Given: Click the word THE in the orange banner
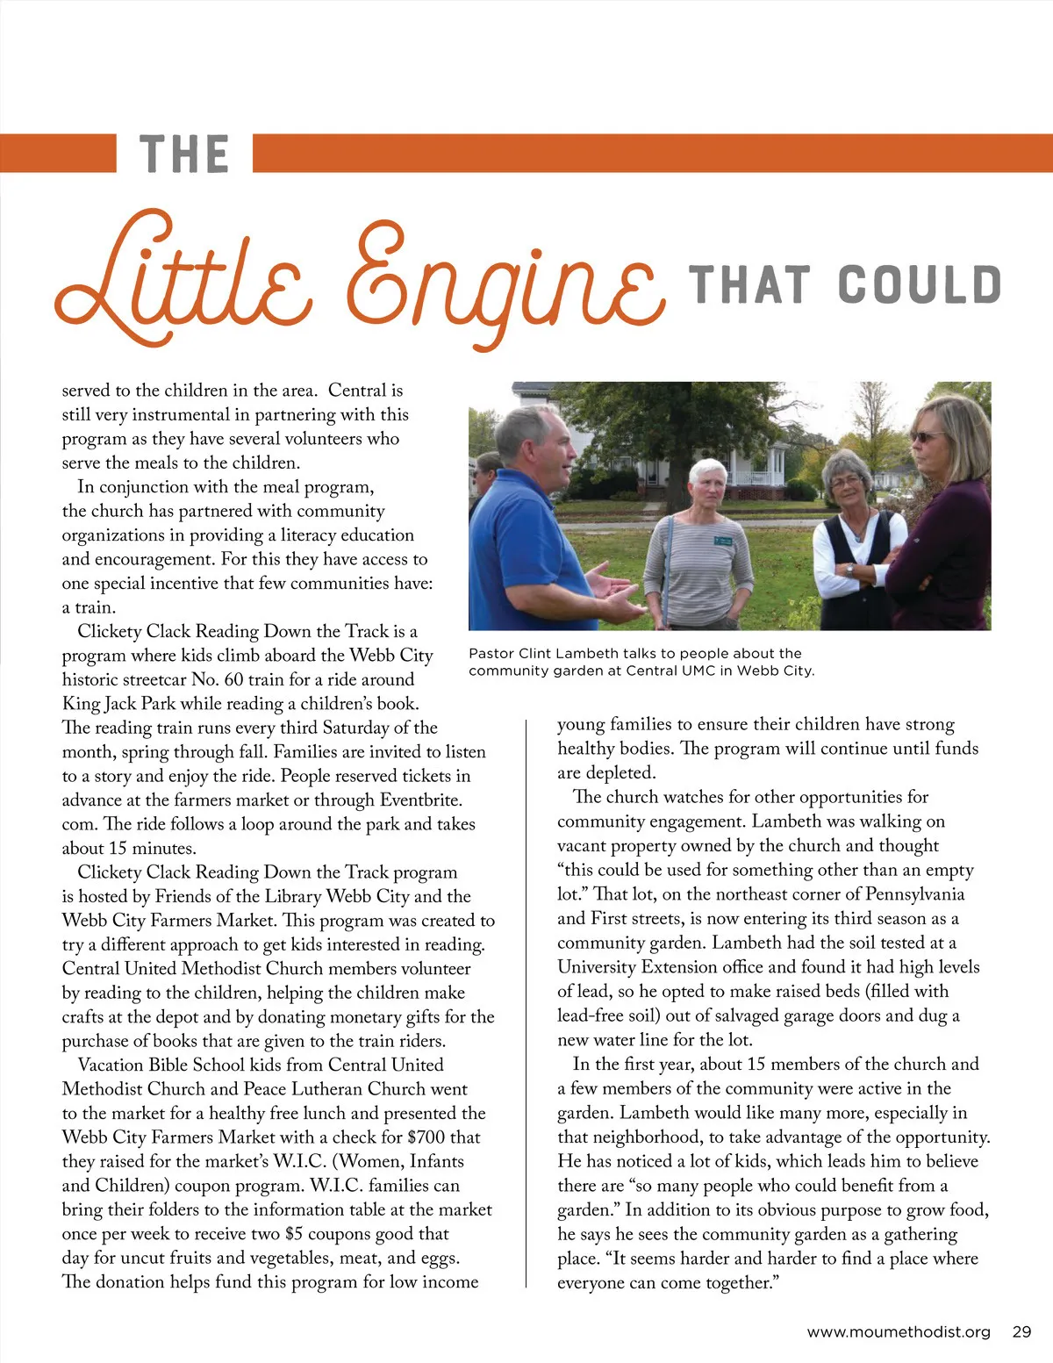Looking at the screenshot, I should click(184, 154).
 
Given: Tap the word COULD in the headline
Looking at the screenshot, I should click(919, 284).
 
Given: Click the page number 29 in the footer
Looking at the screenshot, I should click(1021, 1331).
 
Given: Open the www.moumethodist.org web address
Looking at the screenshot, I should click(898, 1331).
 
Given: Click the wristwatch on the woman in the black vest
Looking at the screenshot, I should click(849, 570).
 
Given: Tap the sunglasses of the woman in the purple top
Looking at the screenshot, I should click(928, 436).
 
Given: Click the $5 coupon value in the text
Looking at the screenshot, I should click(294, 1234).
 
